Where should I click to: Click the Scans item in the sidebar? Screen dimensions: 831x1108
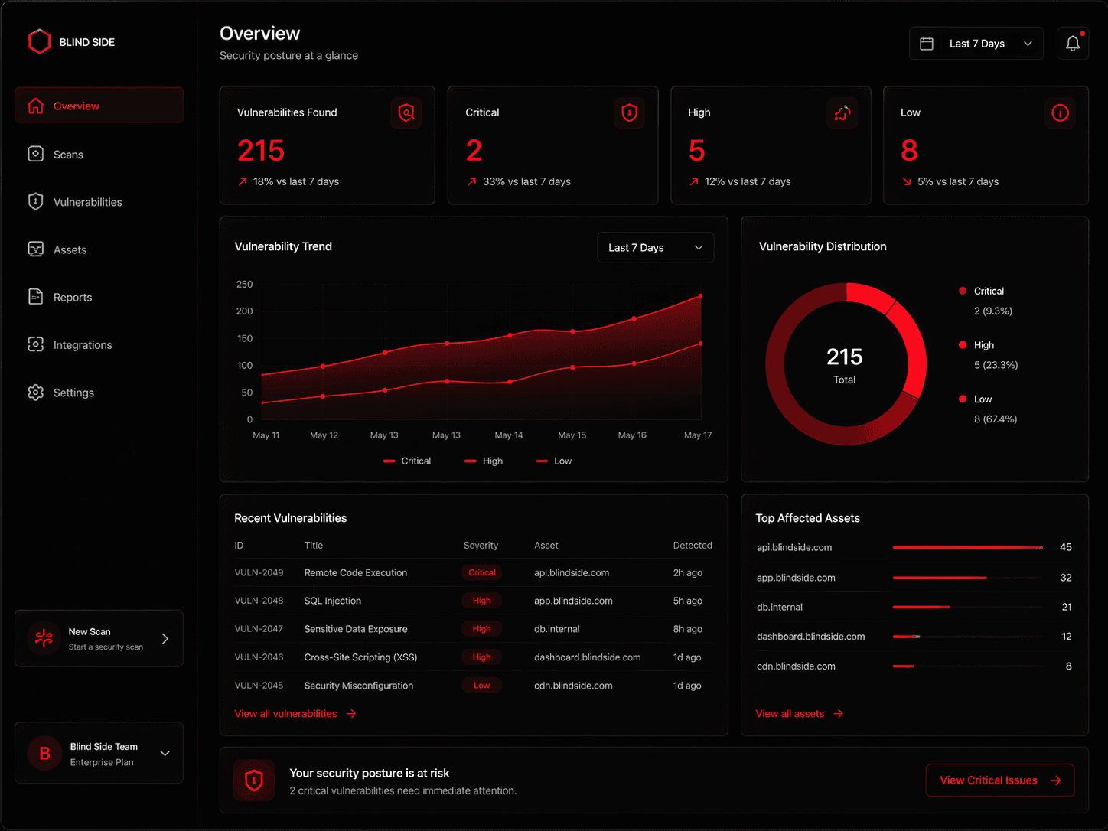click(67, 155)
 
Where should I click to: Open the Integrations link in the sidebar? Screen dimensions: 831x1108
click(82, 345)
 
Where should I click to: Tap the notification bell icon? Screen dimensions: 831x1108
click(1072, 44)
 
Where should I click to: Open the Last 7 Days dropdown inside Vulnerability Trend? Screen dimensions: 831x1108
click(655, 248)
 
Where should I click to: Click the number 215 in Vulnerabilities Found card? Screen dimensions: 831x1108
click(261, 151)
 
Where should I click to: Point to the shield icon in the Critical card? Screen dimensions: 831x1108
click(629, 113)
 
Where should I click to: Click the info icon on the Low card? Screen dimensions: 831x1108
click(1060, 113)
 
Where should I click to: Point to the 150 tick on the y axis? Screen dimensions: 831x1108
click(245, 338)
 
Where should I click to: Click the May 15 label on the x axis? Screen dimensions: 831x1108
click(572, 435)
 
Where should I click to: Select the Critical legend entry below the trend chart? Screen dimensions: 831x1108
click(408, 461)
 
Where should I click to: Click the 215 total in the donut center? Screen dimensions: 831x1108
click(844, 357)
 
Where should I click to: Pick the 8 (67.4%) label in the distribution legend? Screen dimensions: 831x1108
click(995, 419)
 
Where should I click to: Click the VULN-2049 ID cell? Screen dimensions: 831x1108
click(259, 573)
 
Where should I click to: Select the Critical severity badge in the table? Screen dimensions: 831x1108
click(482, 573)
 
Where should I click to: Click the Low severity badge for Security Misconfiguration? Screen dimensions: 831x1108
click(482, 686)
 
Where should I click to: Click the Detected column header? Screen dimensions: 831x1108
click(692, 546)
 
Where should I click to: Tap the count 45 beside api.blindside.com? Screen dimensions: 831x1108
click(1065, 547)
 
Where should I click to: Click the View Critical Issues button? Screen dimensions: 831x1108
click(999, 780)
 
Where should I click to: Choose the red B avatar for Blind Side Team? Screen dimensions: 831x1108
click(44, 754)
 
